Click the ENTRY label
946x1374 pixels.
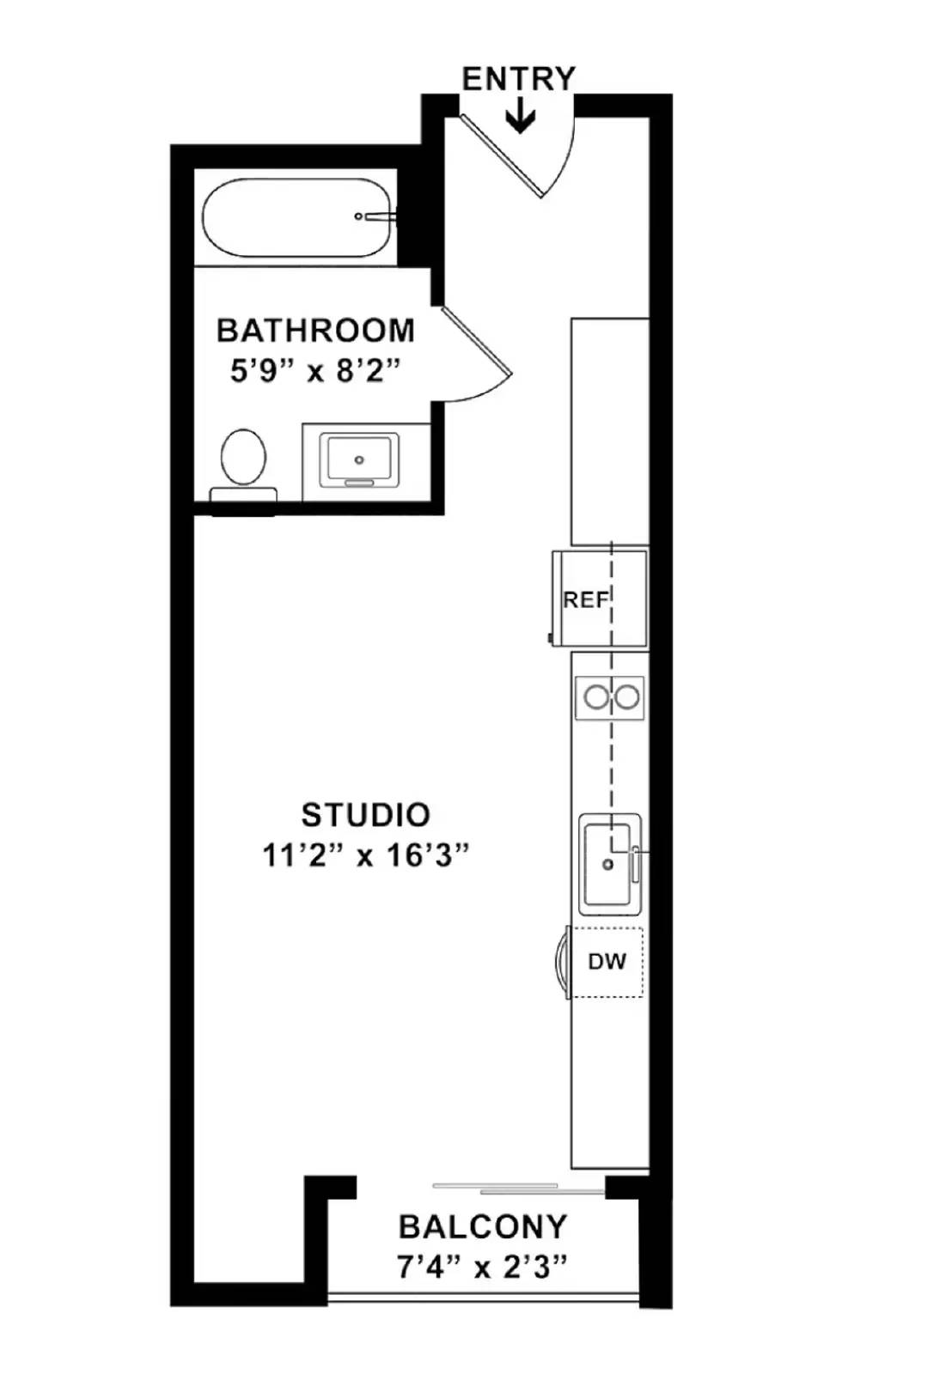click(518, 79)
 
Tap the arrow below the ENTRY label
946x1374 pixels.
click(520, 116)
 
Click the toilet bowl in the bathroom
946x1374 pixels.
click(243, 456)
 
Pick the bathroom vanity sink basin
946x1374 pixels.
click(359, 459)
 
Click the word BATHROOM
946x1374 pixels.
click(315, 331)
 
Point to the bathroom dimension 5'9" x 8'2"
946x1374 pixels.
click(315, 371)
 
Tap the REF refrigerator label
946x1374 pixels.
click(585, 599)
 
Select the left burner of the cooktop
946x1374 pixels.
click(595, 697)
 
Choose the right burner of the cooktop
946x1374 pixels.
click(627, 697)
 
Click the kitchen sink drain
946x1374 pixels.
click(608, 865)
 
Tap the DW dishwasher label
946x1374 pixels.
click(607, 962)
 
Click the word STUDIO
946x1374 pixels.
click(365, 814)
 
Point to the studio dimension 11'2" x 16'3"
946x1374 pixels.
click(365, 855)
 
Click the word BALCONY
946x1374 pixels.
click(483, 1226)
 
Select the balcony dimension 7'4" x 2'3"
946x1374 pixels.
click(483, 1267)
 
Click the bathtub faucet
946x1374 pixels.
click(376, 217)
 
